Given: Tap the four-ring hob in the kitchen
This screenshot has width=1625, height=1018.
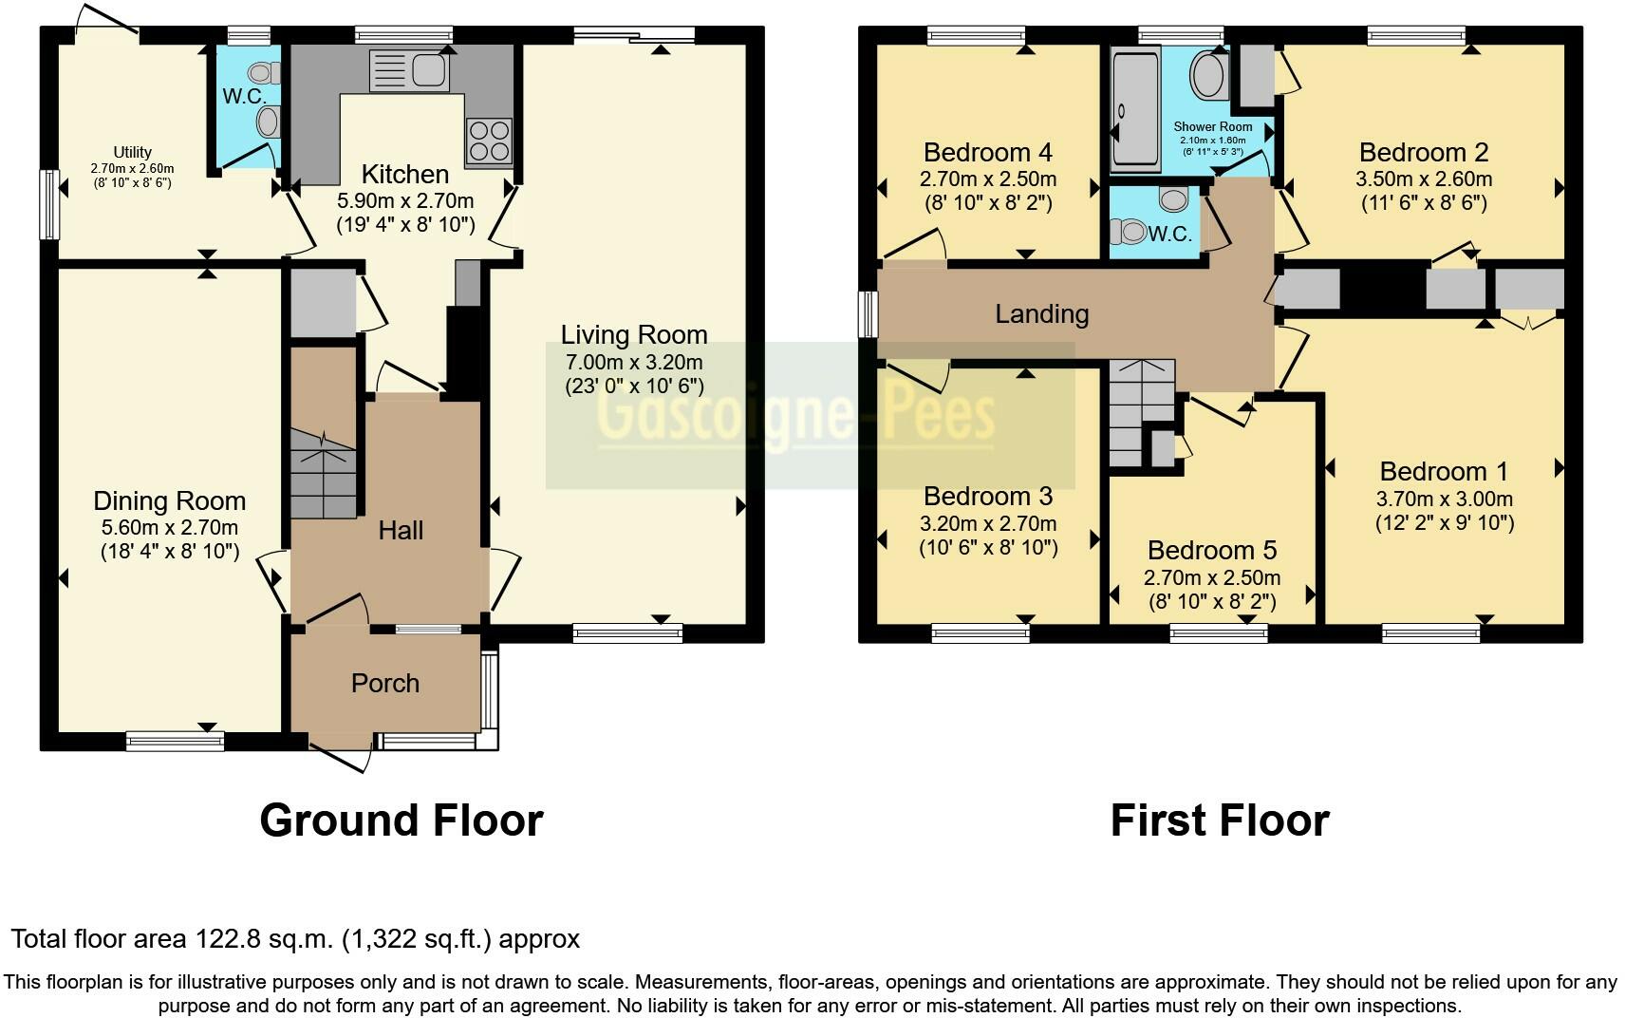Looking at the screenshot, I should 488,141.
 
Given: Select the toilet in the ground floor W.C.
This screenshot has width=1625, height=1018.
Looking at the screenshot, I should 263,72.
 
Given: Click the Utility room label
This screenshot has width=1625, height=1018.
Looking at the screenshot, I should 132,152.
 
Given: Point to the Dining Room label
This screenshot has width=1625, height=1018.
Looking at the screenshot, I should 169,500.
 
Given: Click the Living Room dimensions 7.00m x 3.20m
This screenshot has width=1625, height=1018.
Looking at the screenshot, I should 633,362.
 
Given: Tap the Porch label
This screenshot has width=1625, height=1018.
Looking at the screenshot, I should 384,683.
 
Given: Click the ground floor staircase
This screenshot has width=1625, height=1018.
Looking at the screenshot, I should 324,473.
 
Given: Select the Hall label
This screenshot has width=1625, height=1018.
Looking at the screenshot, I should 401,530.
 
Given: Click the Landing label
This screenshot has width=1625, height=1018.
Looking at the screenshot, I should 1041,313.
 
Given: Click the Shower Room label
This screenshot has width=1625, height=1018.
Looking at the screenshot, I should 1212,126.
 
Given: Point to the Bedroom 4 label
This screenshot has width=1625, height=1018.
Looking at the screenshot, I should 987,152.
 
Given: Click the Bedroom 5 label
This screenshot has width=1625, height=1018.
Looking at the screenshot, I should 1211,550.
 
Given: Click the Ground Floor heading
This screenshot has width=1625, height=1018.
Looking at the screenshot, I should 401,820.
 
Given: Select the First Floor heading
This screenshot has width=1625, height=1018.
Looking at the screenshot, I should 1219,820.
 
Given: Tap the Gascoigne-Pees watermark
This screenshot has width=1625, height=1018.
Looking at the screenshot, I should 796,416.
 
